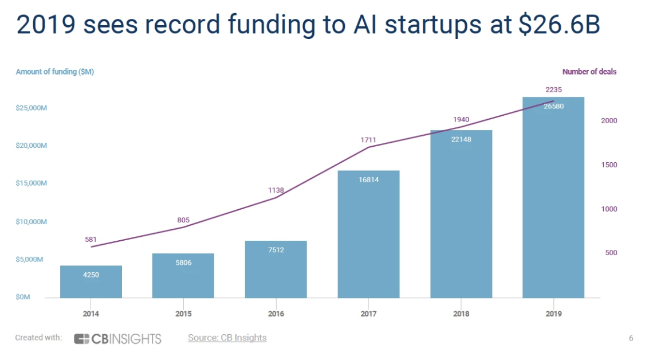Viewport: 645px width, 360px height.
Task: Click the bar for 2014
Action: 91,281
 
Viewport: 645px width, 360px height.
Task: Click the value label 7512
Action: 276,249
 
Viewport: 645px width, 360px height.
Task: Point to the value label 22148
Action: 461,139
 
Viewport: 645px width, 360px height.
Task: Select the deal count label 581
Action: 91,239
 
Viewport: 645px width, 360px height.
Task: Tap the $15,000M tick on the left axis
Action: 32,183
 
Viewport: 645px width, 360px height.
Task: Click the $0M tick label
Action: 23,297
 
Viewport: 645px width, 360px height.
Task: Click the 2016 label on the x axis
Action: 276,314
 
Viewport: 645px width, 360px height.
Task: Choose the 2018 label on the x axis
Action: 461,314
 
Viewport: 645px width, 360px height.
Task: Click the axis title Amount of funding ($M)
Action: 55,72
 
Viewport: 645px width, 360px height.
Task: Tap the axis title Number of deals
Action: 589,72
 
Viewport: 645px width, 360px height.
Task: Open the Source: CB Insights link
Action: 227,338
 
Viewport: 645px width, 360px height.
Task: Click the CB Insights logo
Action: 117,338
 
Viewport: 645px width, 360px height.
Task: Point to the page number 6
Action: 631,338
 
